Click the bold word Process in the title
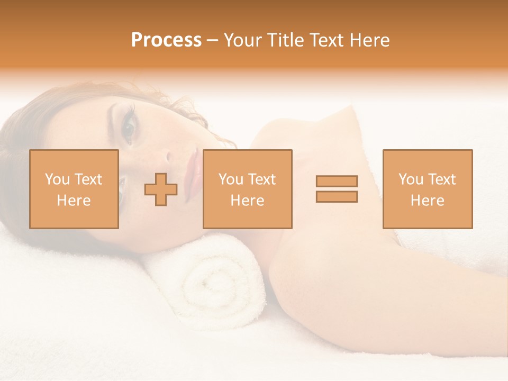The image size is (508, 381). tap(166, 40)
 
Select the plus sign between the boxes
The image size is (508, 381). tap(161, 189)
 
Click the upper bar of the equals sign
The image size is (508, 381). tap(337, 181)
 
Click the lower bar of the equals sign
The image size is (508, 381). tap(337, 196)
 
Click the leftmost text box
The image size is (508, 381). tap(74, 189)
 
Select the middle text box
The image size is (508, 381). tap(247, 189)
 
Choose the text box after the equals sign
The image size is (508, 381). tap(427, 189)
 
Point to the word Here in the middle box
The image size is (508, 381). tap(247, 201)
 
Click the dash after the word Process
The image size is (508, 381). tap(212, 41)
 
